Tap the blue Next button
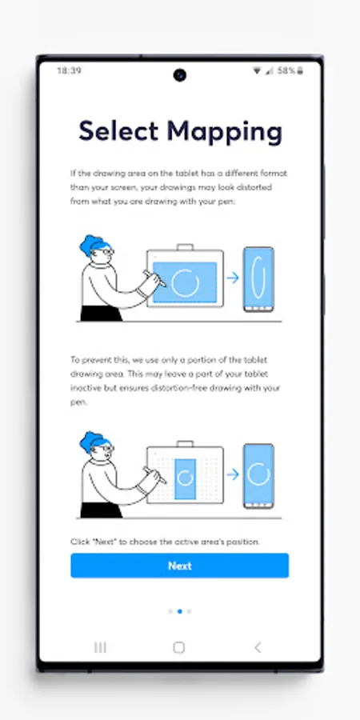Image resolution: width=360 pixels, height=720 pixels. point(179,566)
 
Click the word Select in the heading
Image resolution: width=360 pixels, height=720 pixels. point(118,131)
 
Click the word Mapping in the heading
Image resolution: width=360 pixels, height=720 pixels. point(224,133)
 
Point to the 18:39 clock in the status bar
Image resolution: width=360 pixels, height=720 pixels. point(69,70)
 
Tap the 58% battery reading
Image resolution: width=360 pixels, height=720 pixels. point(286,70)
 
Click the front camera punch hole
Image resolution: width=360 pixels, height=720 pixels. point(179,75)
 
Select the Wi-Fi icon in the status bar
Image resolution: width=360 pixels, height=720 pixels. point(257,70)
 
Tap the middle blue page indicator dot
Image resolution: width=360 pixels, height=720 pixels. point(179,611)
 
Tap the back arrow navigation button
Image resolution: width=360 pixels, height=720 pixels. point(258,647)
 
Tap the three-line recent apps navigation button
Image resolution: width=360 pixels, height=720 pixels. point(100,647)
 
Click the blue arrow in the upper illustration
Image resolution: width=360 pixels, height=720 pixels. point(233,278)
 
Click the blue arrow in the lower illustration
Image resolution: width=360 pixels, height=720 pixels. point(233,474)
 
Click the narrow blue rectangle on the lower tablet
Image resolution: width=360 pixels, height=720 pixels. point(185,478)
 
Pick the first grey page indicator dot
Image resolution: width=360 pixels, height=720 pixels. point(170,611)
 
